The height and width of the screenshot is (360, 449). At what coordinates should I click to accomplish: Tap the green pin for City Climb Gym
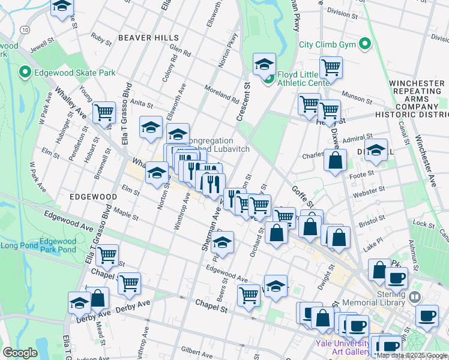click(364, 44)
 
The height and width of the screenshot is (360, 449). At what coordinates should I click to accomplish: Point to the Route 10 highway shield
click(23, 29)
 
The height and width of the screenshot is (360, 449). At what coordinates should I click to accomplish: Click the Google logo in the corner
click(20, 353)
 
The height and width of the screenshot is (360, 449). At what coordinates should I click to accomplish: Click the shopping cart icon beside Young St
click(104, 112)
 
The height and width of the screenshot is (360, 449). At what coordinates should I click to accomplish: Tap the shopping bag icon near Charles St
click(335, 161)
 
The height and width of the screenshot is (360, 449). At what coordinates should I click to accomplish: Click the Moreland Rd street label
click(221, 92)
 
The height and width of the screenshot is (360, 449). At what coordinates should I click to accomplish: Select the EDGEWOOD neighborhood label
click(92, 197)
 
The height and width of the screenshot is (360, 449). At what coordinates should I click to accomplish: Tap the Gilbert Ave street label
click(194, 349)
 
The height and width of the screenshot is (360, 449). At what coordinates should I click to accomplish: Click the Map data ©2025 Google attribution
click(411, 355)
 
